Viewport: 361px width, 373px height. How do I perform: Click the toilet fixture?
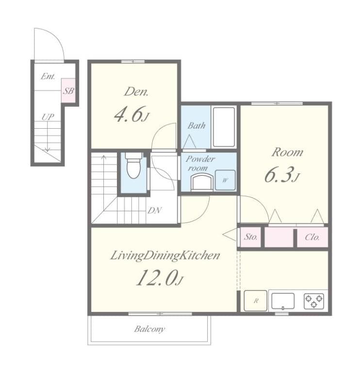(133, 165)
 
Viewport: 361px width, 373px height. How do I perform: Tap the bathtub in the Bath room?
(224, 127)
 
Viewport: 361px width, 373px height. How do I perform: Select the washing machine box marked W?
(225, 180)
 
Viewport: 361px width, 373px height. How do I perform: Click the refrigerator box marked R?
(256, 301)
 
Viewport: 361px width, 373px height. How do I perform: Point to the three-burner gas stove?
(314, 301)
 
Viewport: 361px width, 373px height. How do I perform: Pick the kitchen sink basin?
(283, 301)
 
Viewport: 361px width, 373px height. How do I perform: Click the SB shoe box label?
(68, 91)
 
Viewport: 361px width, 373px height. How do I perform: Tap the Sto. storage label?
(251, 237)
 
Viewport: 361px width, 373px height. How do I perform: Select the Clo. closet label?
(312, 237)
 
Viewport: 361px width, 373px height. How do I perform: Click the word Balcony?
(149, 329)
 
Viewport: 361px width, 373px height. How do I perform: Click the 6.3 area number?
(281, 175)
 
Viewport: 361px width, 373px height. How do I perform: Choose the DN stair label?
(154, 210)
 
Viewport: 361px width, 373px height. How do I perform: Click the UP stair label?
(48, 117)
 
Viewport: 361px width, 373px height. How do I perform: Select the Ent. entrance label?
(48, 76)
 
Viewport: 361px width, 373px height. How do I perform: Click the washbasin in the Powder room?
(202, 182)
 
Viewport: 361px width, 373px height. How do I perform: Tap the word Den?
(136, 92)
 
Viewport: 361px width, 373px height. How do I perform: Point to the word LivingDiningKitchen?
(165, 256)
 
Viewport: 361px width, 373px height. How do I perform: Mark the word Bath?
(197, 126)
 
